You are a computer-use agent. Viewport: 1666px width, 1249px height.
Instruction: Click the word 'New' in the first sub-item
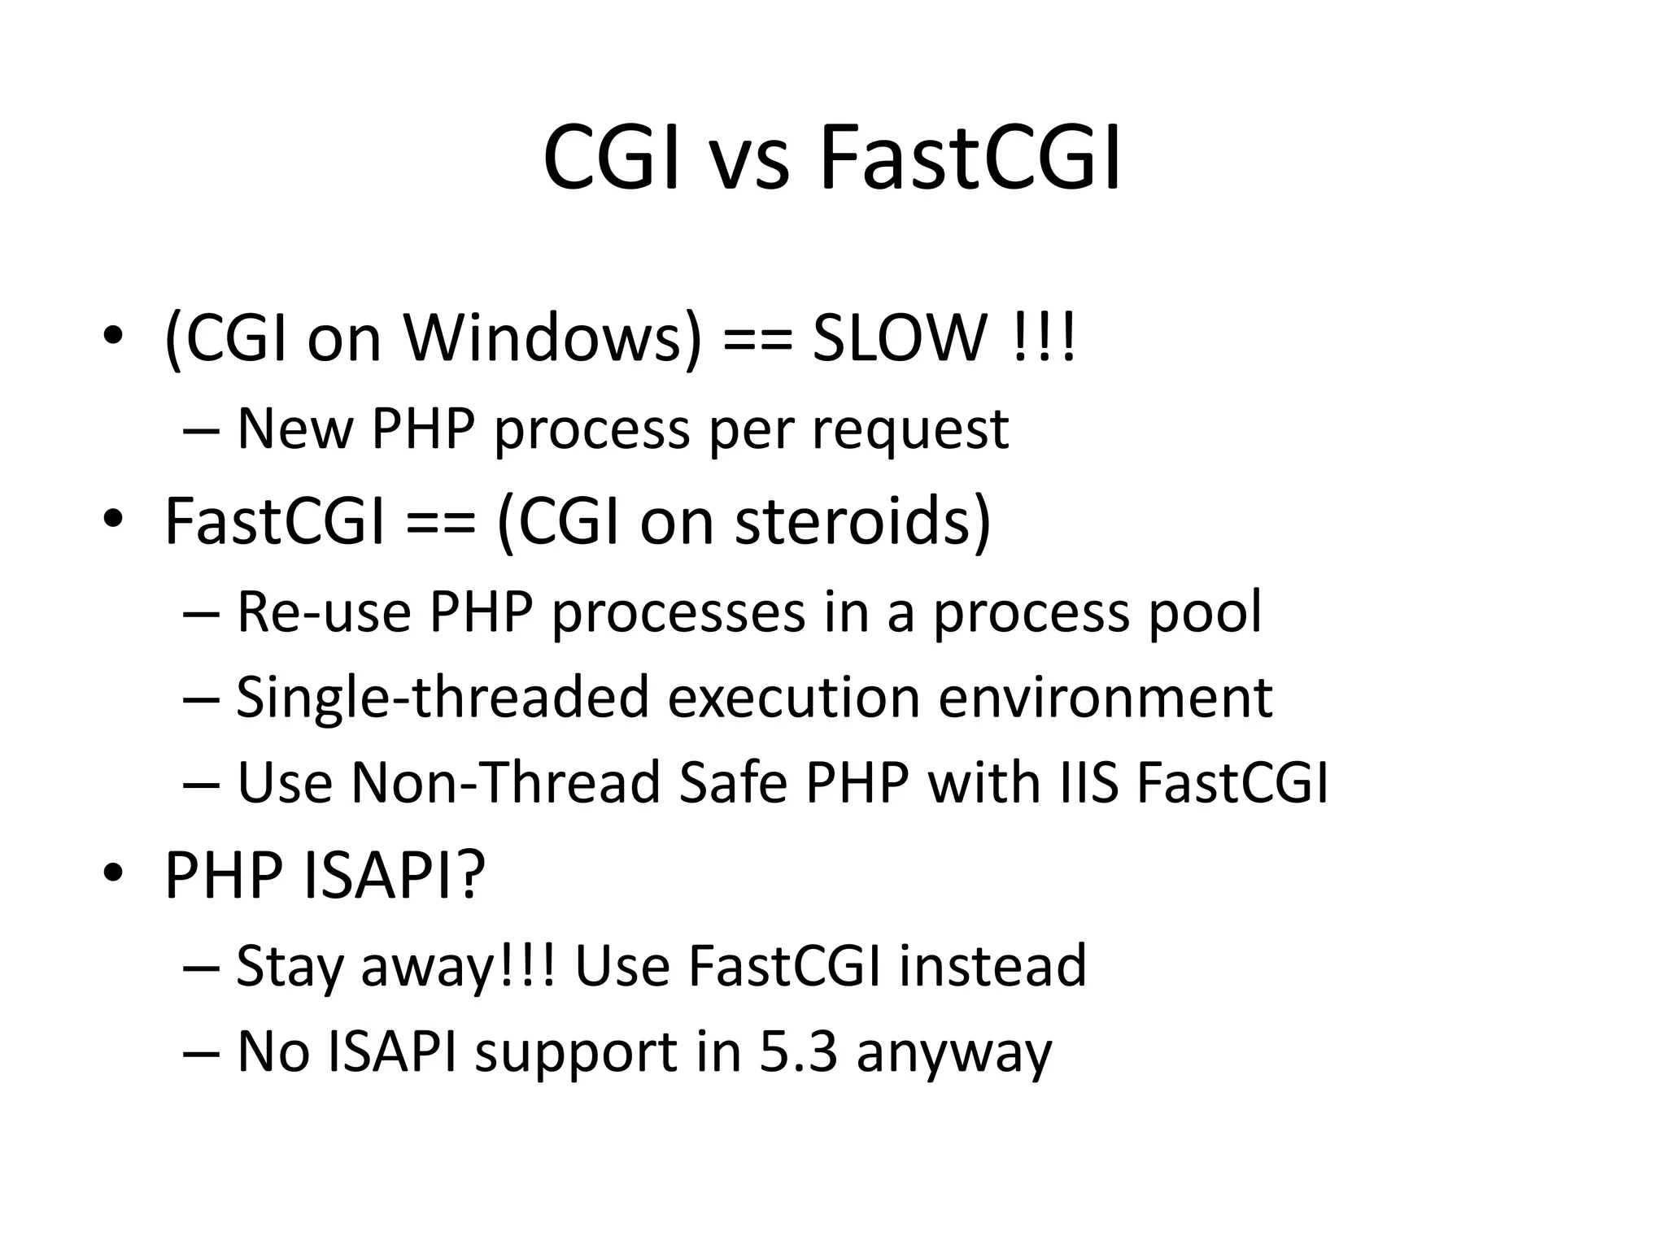294,429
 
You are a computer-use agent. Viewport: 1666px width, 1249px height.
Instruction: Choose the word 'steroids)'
863,521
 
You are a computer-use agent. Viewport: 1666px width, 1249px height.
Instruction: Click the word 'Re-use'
323,612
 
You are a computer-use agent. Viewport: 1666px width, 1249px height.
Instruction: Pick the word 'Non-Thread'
504,783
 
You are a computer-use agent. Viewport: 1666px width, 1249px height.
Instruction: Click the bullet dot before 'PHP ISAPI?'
113,873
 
